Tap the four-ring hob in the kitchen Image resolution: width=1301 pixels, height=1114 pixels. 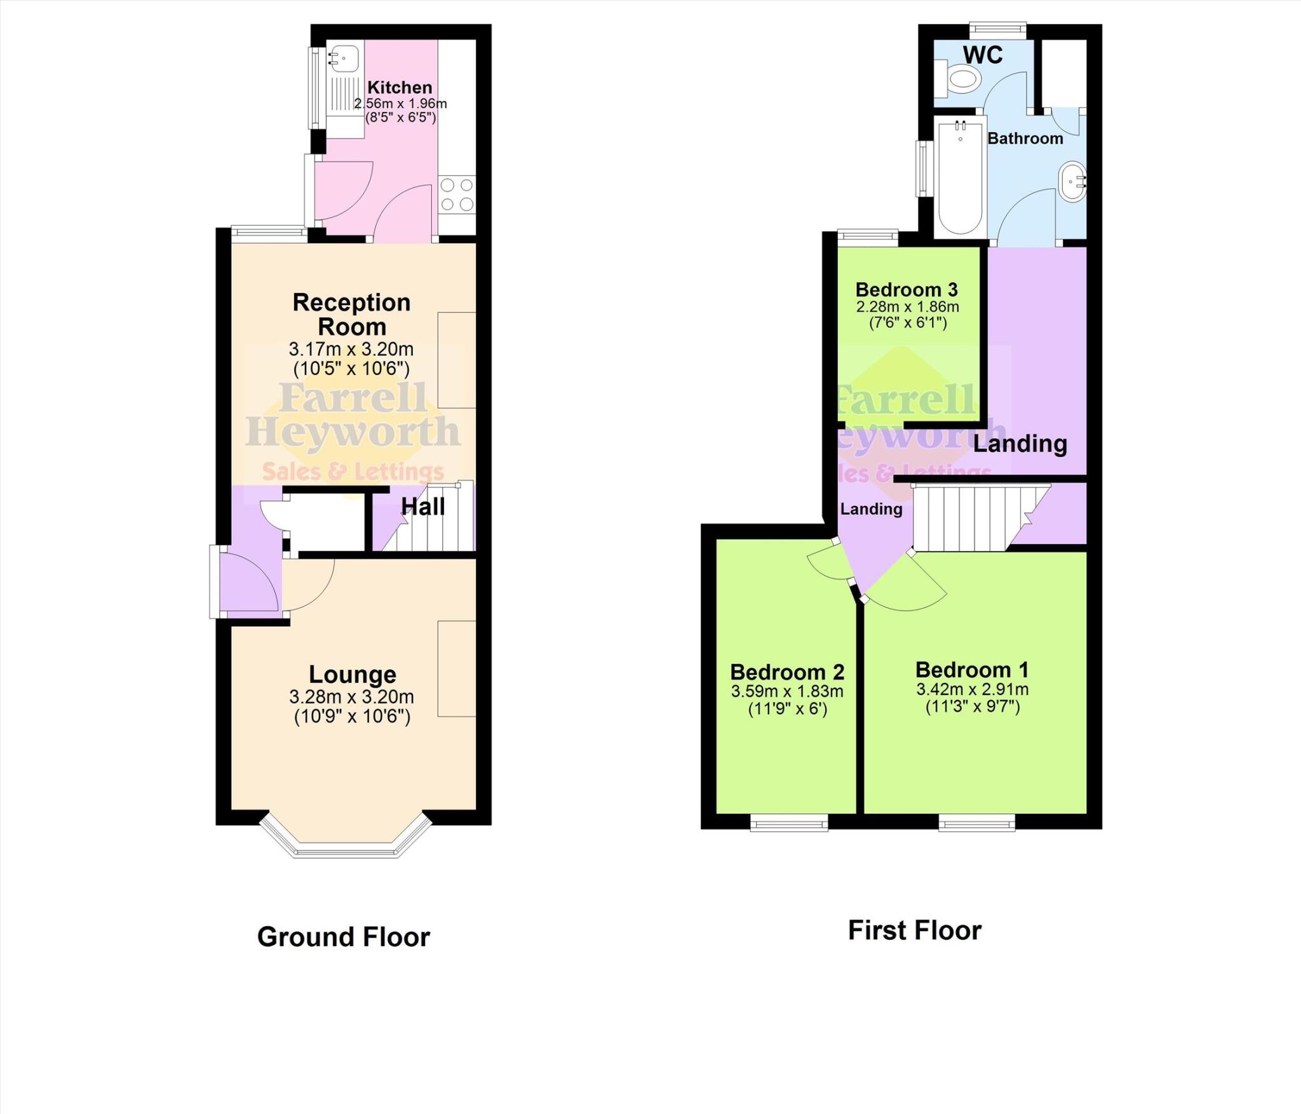[457, 195]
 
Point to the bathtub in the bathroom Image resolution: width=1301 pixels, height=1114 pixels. [960, 177]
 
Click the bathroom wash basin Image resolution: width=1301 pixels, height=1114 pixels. [1073, 180]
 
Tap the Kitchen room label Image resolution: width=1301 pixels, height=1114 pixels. [400, 87]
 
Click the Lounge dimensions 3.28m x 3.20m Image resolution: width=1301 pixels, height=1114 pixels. [352, 696]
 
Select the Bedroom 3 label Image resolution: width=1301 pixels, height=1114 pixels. [907, 289]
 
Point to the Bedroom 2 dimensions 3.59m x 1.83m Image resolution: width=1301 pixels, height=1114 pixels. [787, 691]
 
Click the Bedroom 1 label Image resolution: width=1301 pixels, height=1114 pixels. [972, 670]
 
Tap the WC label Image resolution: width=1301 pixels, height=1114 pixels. [983, 55]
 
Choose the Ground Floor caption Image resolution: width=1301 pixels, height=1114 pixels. [344, 937]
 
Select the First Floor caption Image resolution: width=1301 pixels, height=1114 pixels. [915, 930]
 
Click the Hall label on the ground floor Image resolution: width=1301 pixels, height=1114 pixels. [423, 506]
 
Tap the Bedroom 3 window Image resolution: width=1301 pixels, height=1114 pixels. [868, 237]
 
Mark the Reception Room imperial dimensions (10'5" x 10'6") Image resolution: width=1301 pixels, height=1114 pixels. [351, 368]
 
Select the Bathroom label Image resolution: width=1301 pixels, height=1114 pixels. [1025, 138]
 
